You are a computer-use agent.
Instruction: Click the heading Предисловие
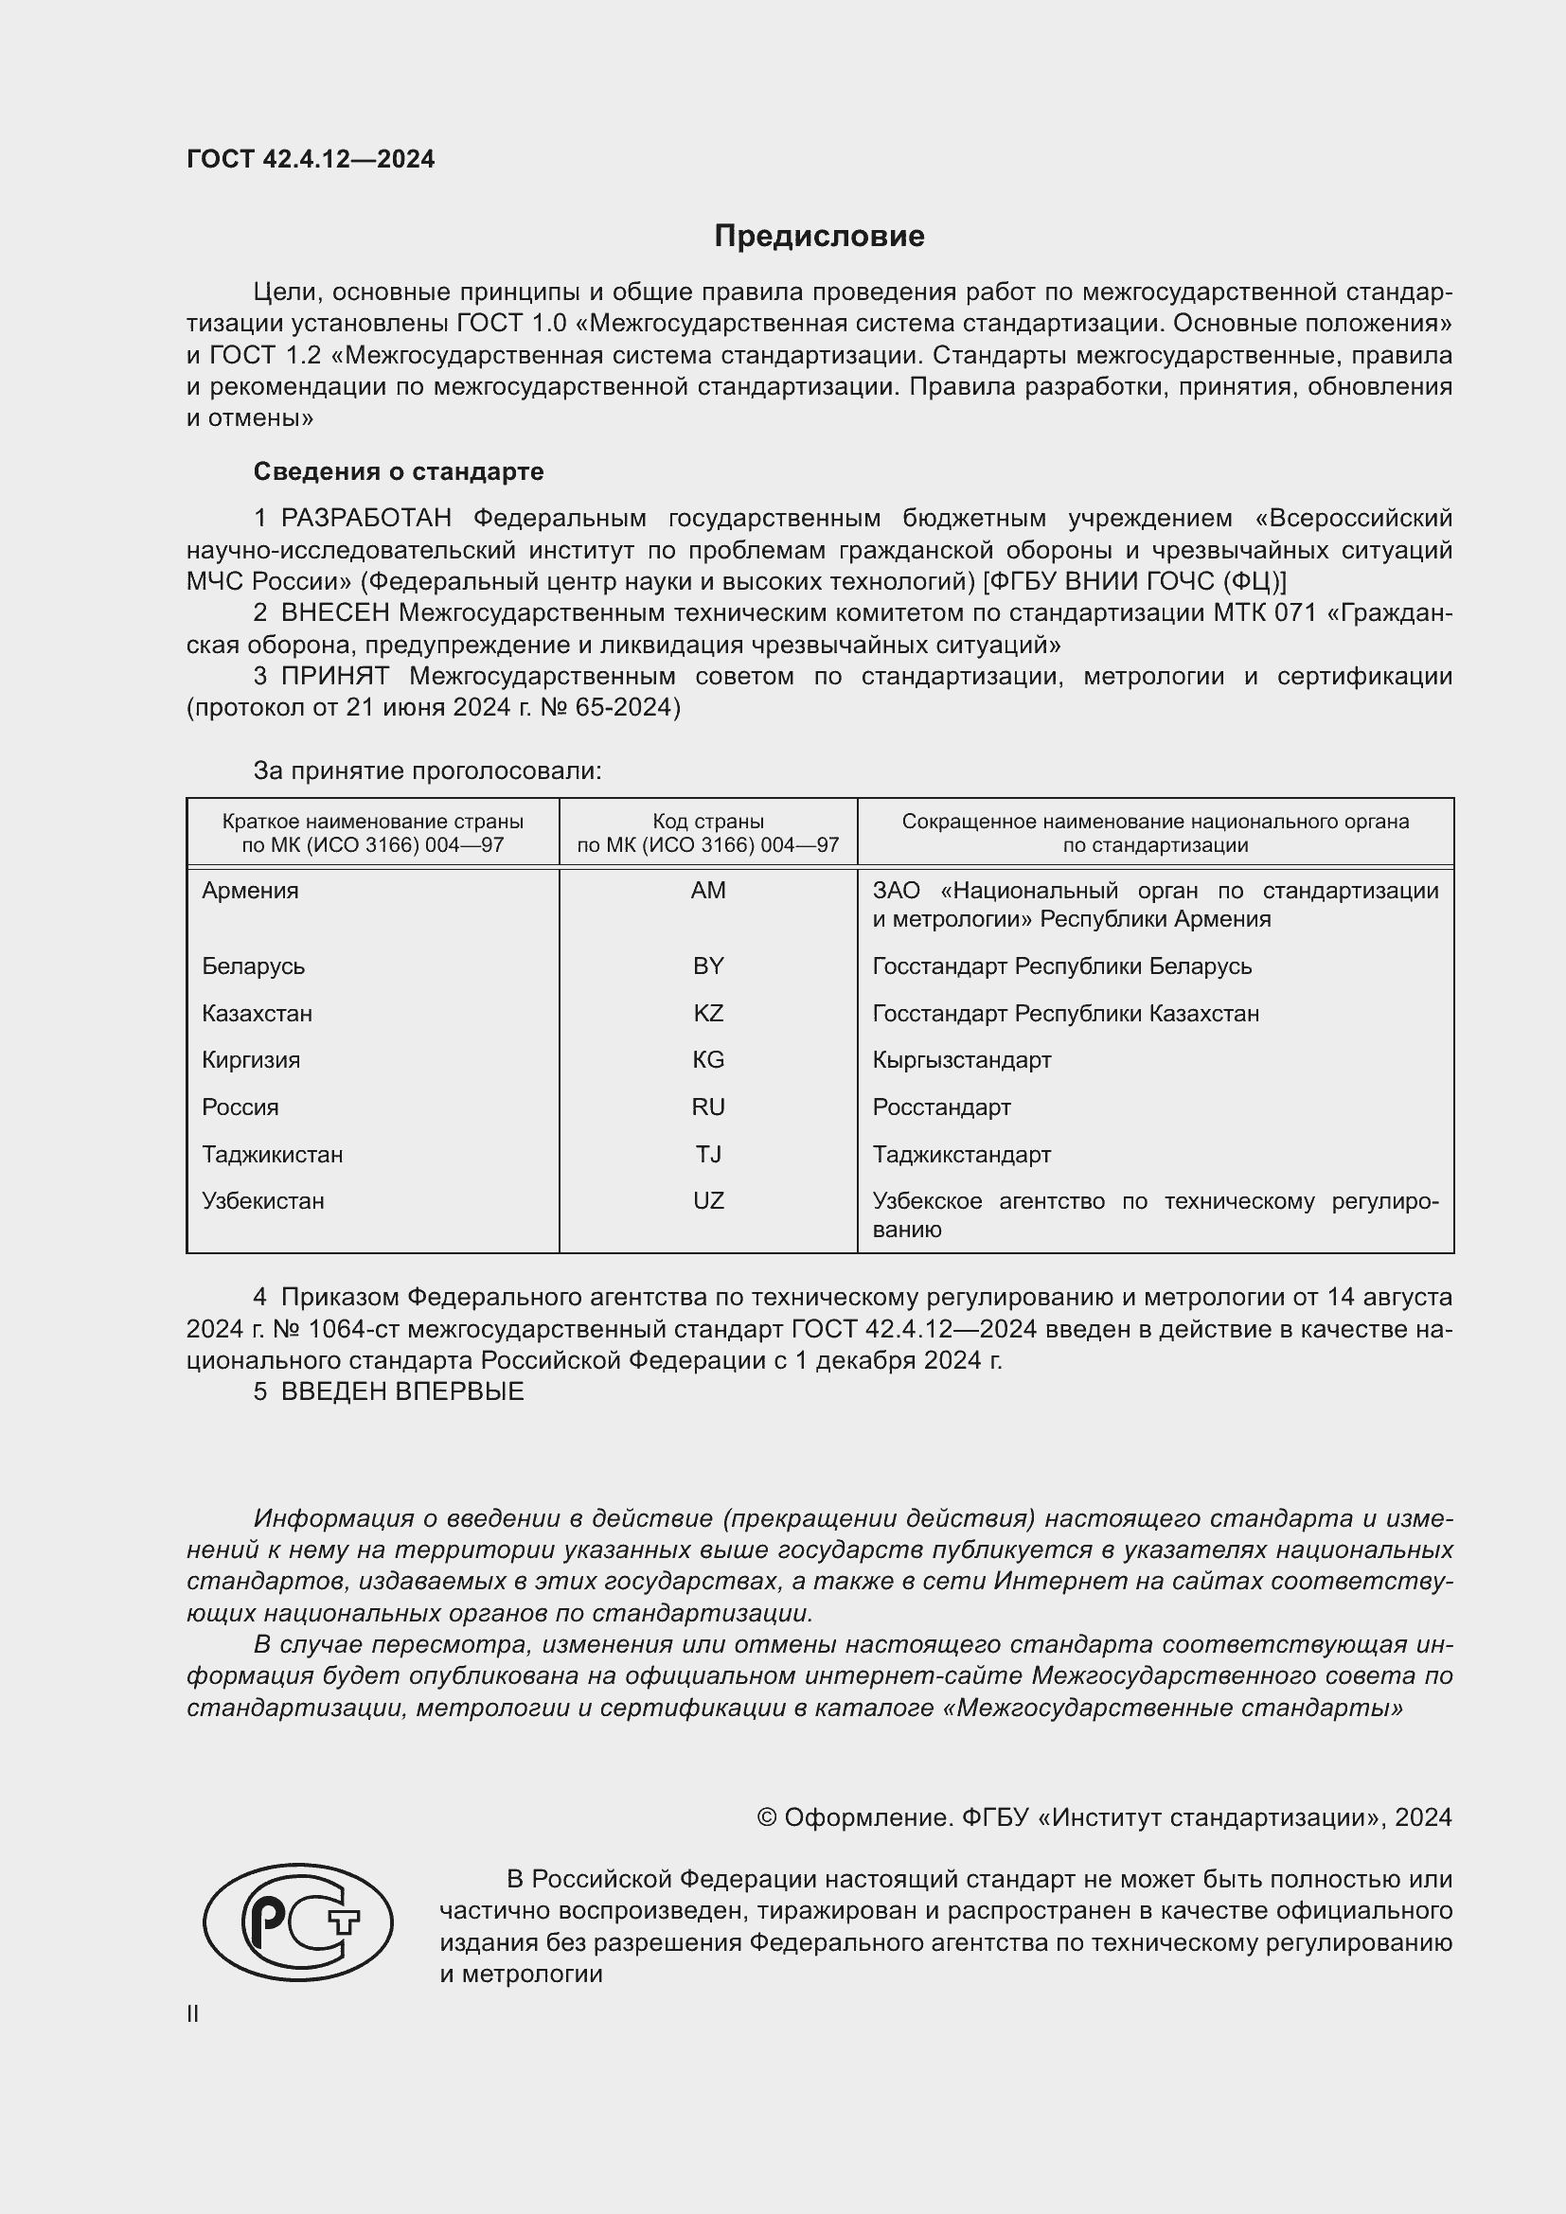pos(819,237)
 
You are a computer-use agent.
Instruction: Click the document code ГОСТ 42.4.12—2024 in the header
pos(311,159)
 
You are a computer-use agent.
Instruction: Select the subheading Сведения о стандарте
pos(399,471)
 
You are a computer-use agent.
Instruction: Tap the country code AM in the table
pos(708,890)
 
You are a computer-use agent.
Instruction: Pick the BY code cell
pos(708,965)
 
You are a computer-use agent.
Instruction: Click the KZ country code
pos(708,1013)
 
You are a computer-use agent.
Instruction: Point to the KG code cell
pos(708,1060)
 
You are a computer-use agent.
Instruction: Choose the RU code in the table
pos(708,1107)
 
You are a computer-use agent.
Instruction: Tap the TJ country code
pos(708,1154)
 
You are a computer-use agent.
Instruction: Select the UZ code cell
pos(708,1200)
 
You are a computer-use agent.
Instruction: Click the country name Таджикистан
pos(272,1154)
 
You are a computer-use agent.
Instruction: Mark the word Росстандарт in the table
pos(941,1107)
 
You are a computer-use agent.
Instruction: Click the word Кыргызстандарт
pos(961,1060)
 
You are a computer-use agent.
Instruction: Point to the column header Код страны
pos(708,822)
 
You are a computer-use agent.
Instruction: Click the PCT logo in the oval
pos(297,1922)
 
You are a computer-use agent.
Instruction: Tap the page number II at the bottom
pos(193,2013)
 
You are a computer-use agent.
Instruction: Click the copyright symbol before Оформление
pos(767,1817)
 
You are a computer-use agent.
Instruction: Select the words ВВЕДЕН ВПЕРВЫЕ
pos(402,1391)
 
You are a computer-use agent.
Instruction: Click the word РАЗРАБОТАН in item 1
pos(366,519)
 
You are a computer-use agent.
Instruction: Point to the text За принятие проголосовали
pos(427,770)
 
